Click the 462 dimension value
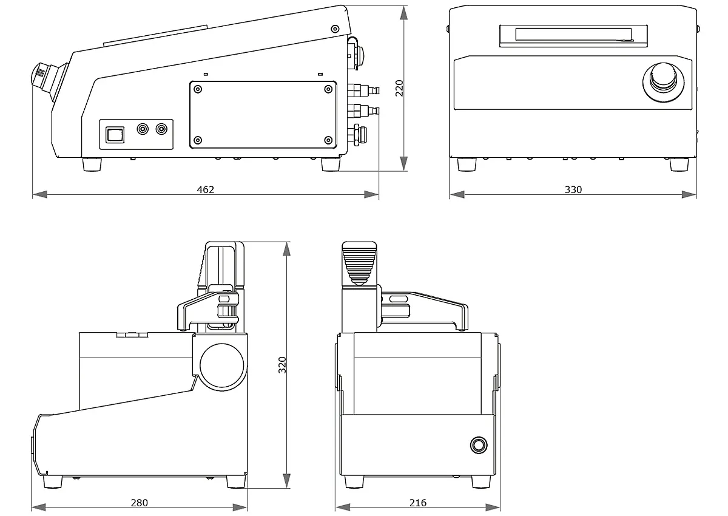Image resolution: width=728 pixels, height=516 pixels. pyautogui.click(x=206, y=189)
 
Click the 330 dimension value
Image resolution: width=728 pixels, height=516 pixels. pyautogui.click(x=573, y=189)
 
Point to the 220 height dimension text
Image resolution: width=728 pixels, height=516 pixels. pyautogui.click(x=399, y=88)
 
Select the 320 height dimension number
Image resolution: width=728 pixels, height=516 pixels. pyautogui.click(x=282, y=365)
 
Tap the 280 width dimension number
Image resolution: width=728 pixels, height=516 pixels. pyautogui.click(x=139, y=503)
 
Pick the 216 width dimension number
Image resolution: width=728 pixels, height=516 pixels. pyautogui.click(x=417, y=503)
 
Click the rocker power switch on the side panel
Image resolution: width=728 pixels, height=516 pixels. pyautogui.click(x=115, y=135)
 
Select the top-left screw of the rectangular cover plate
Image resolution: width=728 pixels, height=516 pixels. pyautogui.click(x=198, y=89)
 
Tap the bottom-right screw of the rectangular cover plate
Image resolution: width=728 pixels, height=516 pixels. pyautogui.click(x=329, y=140)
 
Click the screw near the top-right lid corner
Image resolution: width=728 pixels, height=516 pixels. pyautogui.click(x=335, y=29)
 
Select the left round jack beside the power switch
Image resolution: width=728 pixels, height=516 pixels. pyautogui.click(x=143, y=129)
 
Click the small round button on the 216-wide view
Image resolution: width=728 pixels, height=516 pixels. pyautogui.click(x=479, y=445)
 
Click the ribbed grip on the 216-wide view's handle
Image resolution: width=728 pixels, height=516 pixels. pyautogui.click(x=359, y=268)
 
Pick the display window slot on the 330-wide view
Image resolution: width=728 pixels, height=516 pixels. pyautogui.click(x=573, y=35)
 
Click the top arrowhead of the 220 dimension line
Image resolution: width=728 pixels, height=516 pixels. pyautogui.click(x=403, y=13)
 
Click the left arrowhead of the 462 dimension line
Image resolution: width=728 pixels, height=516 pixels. pyautogui.click(x=39, y=194)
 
